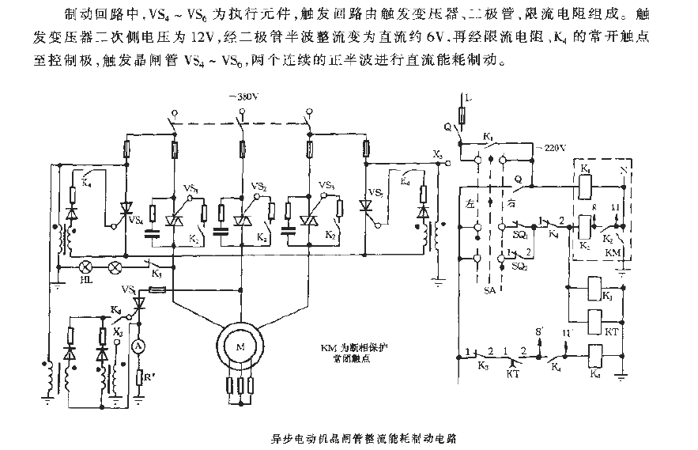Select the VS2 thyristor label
[259, 187]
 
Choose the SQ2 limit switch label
[519, 267]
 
